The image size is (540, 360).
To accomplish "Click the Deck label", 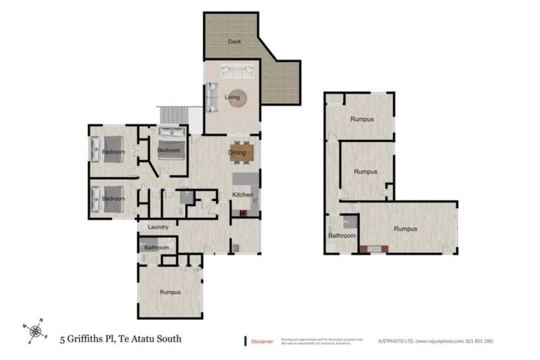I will (233, 42).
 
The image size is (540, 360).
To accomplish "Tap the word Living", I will (232, 97).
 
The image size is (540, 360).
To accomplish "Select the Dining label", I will (236, 152).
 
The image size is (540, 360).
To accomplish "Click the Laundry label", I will (157, 227).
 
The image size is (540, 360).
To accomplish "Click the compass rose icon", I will (35, 329).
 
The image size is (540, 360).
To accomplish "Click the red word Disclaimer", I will (262, 341).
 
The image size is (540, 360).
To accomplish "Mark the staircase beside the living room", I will (172, 114).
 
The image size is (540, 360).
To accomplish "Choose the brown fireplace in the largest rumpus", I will (373, 247).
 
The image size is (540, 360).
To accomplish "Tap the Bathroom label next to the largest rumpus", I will (342, 236).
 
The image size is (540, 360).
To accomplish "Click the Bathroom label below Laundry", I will (156, 247).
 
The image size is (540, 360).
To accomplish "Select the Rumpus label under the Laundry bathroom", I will (170, 292).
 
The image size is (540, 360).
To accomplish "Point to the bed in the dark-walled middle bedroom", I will (169, 149).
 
